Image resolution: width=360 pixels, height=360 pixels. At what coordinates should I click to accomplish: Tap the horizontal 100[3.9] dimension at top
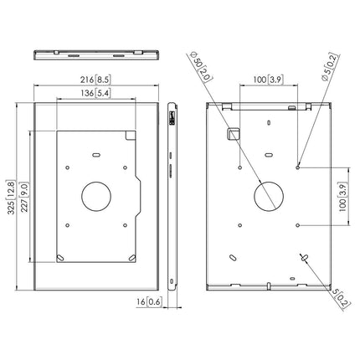pos(257,80)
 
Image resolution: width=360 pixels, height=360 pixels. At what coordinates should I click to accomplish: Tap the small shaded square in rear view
pos(234,133)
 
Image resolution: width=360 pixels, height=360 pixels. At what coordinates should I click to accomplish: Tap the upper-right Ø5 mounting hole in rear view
pos(298,167)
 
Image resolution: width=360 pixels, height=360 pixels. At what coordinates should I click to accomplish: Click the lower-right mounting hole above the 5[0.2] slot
pos(298,225)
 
